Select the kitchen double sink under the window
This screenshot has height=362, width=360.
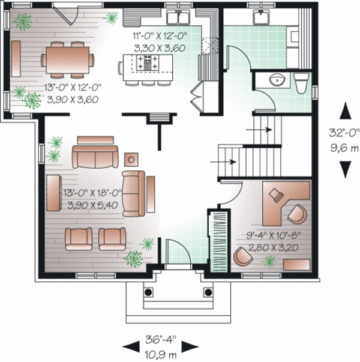click(178, 17)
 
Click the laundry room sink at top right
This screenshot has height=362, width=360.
click(262, 17)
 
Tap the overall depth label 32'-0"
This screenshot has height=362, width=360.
click(346, 134)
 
